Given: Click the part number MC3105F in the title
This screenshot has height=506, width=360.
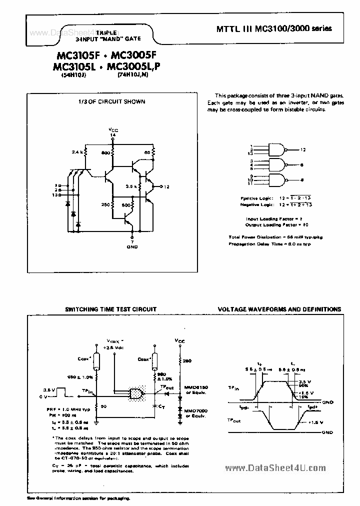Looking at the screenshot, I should (x=72, y=55).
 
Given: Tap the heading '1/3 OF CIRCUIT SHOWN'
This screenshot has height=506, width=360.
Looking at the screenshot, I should (x=111, y=101).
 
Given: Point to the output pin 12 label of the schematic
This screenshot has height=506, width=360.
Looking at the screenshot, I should (x=166, y=186).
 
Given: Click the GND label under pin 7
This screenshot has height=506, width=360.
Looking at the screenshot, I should (x=131, y=246).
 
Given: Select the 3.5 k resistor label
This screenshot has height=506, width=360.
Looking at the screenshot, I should (x=131, y=186).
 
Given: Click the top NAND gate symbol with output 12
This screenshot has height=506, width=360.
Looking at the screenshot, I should (x=277, y=149).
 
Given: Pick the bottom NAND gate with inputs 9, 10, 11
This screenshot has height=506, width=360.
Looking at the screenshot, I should (x=277, y=180).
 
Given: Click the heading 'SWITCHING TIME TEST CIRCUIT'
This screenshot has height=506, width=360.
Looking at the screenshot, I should (x=111, y=309).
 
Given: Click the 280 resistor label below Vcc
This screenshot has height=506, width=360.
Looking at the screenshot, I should (x=186, y=361).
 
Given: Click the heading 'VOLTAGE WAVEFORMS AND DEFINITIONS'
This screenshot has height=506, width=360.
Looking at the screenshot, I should (x=279, y=309).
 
